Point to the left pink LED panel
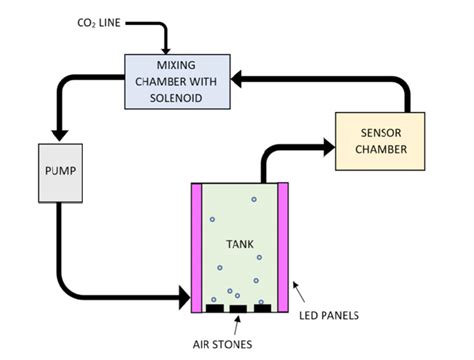point(195,245)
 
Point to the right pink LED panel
point(281,245)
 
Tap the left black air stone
point(213,308)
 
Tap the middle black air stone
point(237,308)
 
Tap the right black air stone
point(262,308)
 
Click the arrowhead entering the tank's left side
point(182,296)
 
